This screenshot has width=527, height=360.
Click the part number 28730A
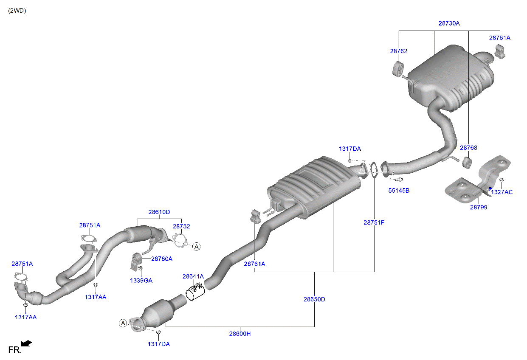coord(449,24)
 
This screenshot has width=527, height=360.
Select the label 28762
coord(398,51)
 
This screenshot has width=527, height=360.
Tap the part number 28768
coord(468,148)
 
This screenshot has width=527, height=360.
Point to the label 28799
coord(478,208)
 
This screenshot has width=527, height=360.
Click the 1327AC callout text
coord(502,192)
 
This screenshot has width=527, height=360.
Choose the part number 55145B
coord(399,191)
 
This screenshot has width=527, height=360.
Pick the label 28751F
coord(374,222)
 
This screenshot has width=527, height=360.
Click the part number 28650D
coord(314,299)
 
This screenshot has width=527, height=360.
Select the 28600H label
coord(240,334)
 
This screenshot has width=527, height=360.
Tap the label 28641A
coord(193,276)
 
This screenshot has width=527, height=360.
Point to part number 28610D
coord(159,212)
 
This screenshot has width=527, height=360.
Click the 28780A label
coord(161,259)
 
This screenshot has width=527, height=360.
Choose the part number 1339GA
coord(141,281)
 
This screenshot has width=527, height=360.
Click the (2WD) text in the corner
coord(17,11)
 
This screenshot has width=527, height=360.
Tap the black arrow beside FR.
coord(27,343)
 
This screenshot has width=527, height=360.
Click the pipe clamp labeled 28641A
coord(195,292)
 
